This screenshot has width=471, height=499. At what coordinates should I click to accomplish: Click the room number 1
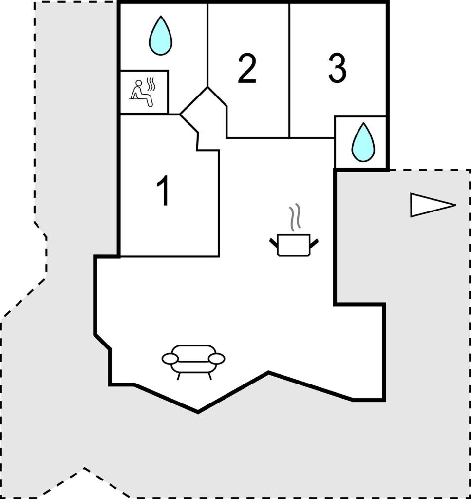point(164,191)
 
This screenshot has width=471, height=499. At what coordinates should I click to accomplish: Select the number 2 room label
point(247,68)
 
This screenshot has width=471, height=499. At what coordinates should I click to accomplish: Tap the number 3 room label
point(337,68)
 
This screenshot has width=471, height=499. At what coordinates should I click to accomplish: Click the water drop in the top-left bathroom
point(161,35)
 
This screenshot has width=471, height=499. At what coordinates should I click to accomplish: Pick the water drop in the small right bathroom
point(363,142)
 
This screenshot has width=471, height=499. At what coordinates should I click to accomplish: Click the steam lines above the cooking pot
point(295,216)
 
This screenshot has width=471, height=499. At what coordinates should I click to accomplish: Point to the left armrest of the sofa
point(170,359)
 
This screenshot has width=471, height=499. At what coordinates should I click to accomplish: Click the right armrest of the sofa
point(217,359)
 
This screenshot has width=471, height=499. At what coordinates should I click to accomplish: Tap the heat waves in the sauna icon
point(151,84)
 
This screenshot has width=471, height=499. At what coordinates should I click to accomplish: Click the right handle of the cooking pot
point(314,243)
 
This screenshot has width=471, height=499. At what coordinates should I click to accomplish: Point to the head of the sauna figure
point(139,83)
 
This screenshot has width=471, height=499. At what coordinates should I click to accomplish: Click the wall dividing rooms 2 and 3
point(289,71)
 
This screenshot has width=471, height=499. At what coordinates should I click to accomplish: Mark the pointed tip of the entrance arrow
point(455,205)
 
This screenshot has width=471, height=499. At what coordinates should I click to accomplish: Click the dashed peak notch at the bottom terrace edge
point(84,468)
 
